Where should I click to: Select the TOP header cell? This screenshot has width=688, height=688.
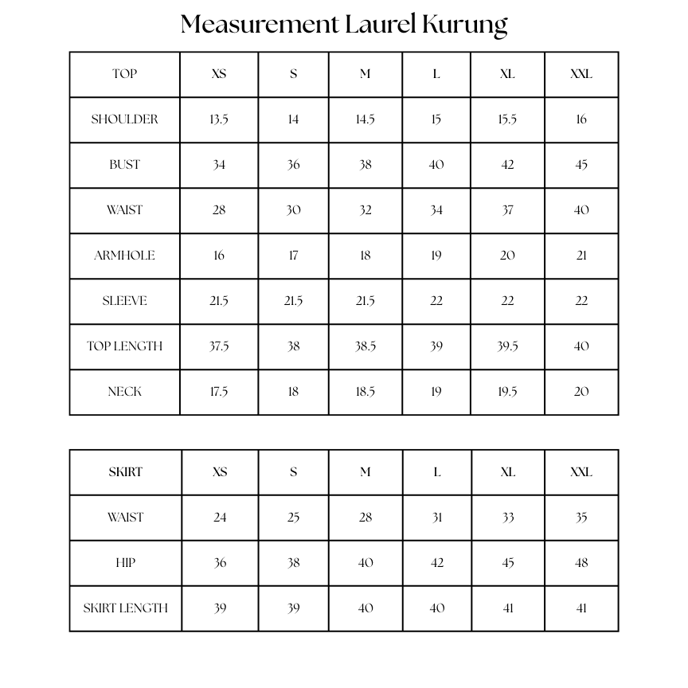125,74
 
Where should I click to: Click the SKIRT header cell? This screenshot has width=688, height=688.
125,472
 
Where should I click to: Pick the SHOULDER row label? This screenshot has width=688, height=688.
125,119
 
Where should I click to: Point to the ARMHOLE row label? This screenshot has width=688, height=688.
125,256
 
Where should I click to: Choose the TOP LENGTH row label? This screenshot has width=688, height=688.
125,346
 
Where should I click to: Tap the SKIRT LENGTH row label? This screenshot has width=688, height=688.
126,608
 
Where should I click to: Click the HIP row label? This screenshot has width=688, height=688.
126,563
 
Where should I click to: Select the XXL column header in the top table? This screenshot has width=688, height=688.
581,74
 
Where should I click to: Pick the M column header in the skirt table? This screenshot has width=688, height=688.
365,472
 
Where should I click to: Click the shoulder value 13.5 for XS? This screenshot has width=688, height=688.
219,119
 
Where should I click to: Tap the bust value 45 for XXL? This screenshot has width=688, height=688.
581,165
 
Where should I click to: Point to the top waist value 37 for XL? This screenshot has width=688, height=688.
507,210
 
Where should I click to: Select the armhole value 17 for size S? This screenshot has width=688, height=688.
293,256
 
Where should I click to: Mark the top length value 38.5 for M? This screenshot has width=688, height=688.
365,346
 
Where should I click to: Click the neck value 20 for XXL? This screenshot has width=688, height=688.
581,392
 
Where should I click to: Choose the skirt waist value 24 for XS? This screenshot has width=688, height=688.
220,518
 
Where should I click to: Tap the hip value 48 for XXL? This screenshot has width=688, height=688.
581,563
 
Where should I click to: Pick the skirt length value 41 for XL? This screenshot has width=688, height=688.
508,608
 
